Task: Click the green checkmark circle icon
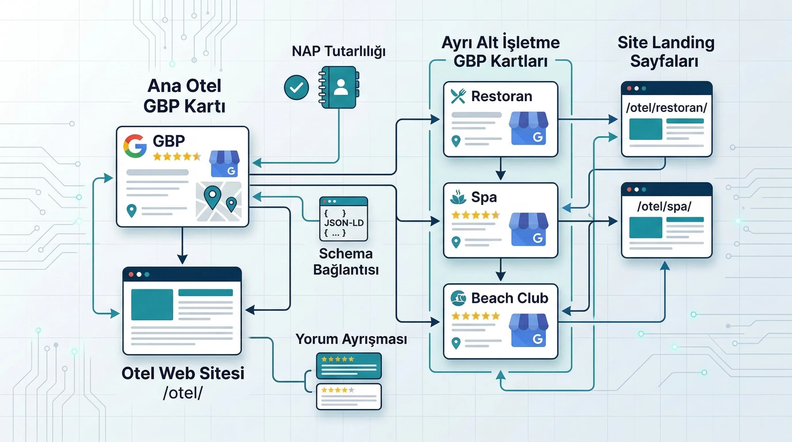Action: (x=296, y=87)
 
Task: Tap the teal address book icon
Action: (x=339, y=87)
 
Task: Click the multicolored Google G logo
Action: (x=135, y=146)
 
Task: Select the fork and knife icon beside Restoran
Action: (x=458, y=96)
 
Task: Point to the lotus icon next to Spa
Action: (x=458, y=197)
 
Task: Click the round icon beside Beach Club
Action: (x=458, y=298)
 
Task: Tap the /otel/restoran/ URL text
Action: (x=667, y=108)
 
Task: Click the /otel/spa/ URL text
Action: (x=664, y=206)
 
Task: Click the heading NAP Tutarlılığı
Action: (x=338, y=51)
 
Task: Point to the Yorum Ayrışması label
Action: (x=351, y=339)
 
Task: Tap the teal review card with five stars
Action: (x=349, y=366)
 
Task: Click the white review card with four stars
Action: (x=349, y=397)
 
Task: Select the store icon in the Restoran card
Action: (x=528, y=128)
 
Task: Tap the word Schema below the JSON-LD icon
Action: (x=346, y=254)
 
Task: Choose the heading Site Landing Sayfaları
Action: (x=666, y=52)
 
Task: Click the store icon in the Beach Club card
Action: (x=528, y=330)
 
